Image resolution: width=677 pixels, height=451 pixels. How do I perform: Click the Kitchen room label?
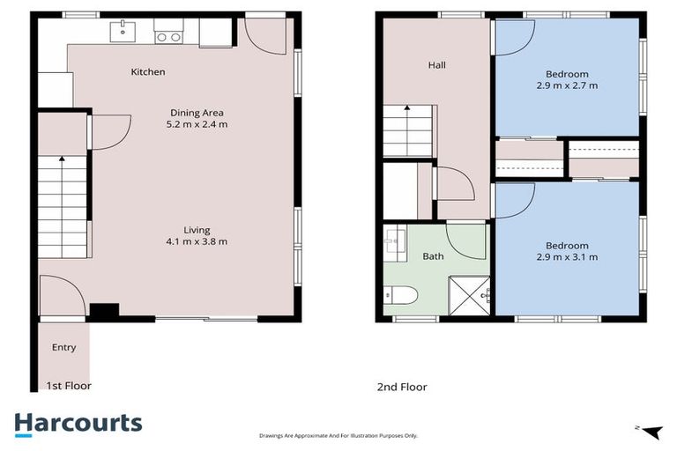[147, 72]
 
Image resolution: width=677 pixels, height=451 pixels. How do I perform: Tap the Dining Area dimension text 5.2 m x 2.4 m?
[197, 124]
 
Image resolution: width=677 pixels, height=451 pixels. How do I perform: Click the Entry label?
[63, 348]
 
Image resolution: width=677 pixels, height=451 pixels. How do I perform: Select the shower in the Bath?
[469, 293]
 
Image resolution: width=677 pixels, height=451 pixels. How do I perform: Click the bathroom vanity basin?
[393, 241]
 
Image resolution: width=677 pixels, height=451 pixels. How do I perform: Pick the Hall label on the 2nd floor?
[436, 65]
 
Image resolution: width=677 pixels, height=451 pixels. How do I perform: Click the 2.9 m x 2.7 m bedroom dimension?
[567, 86]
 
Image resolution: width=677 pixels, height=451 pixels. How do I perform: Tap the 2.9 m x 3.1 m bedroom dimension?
[567, 257]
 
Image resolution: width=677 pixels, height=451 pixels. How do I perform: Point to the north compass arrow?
[651, 431]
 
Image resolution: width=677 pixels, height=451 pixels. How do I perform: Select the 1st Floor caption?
[69, 386]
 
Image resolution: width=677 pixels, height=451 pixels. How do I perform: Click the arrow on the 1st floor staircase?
[62, 159]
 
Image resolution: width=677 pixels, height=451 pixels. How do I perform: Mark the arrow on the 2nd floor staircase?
[407, 108]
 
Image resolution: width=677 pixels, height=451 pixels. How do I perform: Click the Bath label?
[433, 257]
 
